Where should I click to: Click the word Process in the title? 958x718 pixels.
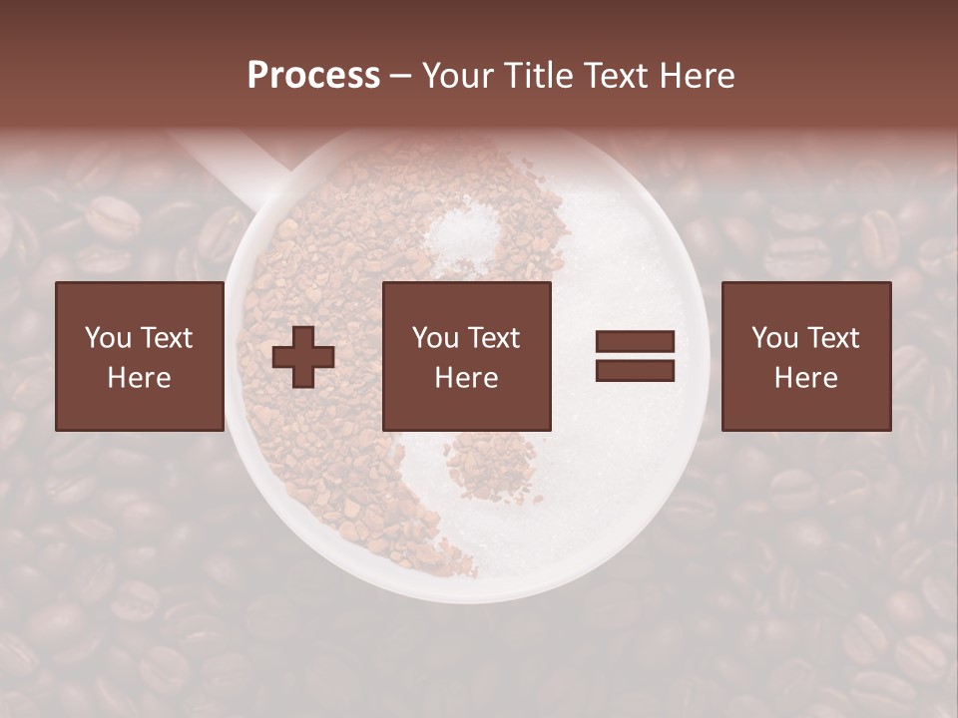pyautogui.click(x=313, y=76)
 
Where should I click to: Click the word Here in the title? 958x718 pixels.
pyautogui.click(x=698, y=76)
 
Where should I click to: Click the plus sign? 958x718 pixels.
pyautogui.click(x=303, y=357)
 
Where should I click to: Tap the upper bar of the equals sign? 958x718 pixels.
pyautogui.click(x=635, y=342)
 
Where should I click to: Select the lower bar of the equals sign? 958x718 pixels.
pyautogui.click(x=635, y=371)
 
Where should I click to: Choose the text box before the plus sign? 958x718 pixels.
pyautogui.click(x=140, y=356)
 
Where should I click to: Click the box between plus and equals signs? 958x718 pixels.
pyautogui.click(x=466, y=356)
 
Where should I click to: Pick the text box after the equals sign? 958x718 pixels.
pyautogui.click(x=805, y=356)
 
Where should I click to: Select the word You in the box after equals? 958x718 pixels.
pyautogui.click(x=774, y=338)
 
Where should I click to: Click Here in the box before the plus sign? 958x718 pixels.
pyautogui.click(x=140, y=378)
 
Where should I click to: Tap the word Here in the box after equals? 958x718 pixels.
pyautogui.click(x=805, y=378)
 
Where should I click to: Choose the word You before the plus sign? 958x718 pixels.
pyautogui.click(x=108, y=338)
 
